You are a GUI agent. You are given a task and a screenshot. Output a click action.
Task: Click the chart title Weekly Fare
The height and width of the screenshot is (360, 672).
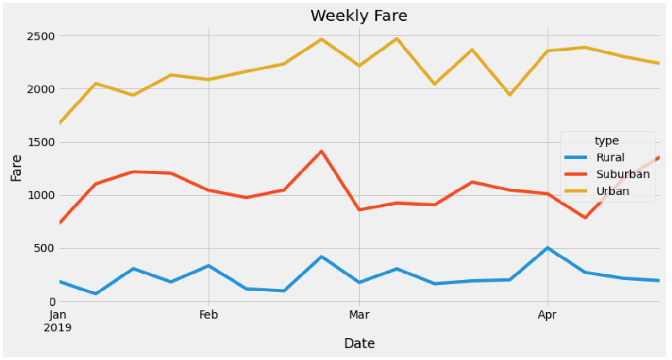click(x=359, y=16)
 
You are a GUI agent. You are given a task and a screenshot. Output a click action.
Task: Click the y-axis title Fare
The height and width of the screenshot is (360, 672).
click(x=17, y=168)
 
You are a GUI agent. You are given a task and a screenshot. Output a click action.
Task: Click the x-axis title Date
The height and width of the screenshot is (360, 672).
click(x=359, y=343)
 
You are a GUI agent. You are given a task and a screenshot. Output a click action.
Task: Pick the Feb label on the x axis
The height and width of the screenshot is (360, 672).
click(x=208, y=315)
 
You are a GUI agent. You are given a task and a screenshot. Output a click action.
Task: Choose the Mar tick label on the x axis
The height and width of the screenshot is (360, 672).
click(x=359, y=315)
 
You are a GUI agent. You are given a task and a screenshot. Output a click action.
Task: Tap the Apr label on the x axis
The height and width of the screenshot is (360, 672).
click(x=547, y=315)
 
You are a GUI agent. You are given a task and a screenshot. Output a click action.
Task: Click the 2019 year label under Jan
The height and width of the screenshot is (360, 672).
click(x=58, y=327)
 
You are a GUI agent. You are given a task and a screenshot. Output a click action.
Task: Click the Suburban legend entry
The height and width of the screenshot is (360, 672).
click(x=622, y=174)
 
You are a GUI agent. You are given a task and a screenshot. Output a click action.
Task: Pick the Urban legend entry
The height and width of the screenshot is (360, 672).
click(x=612, y=191)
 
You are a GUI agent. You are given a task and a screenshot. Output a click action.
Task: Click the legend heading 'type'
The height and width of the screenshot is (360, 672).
click(x=606, y=141)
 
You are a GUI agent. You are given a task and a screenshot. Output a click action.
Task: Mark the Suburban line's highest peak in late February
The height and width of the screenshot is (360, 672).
click(x=321, y=151)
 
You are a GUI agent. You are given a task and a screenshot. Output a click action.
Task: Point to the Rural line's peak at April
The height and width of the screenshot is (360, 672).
click(x=547, y=248)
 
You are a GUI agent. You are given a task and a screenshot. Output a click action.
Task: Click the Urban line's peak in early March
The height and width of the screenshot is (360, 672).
click(x=396, y=38)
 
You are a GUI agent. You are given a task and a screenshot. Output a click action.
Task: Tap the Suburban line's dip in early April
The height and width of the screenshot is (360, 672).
click(x=585, y=218)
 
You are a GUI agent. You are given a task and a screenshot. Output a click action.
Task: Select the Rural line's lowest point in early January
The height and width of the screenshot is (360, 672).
click(x=96, y=294)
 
